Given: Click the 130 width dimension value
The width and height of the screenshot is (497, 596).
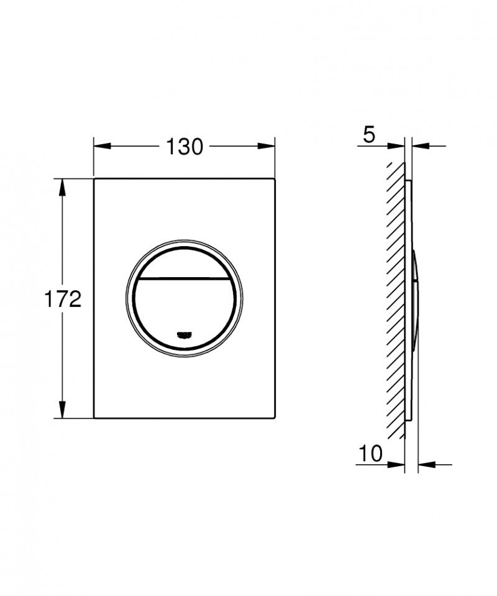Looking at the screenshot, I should [185, 147].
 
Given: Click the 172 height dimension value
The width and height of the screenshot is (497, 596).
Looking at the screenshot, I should [62, 300].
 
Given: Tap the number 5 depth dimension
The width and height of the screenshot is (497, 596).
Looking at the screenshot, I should [370, 135].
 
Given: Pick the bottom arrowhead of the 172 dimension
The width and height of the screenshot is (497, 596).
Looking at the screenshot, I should [62, 410].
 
